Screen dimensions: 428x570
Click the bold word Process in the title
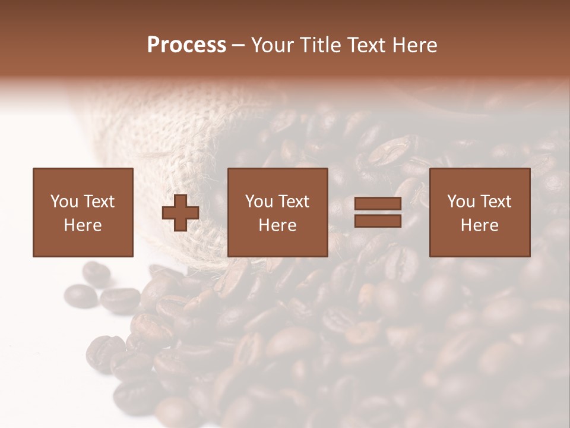(186, 45)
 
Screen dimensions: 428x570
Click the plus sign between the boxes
(180, 213)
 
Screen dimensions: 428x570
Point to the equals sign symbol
(378, 212)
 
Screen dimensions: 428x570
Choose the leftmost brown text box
(83, 212)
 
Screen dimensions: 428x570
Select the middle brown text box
(277, 212)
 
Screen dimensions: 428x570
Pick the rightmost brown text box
(479, 212)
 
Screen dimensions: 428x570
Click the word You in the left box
(64, 202)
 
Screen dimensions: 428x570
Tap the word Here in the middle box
(277, 225)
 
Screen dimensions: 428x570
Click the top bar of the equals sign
(378, 204)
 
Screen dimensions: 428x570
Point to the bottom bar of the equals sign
(378, 221)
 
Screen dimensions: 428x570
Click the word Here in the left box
(83, 225)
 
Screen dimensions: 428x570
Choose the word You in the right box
(461, 202)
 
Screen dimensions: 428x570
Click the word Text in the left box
(99, 202)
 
